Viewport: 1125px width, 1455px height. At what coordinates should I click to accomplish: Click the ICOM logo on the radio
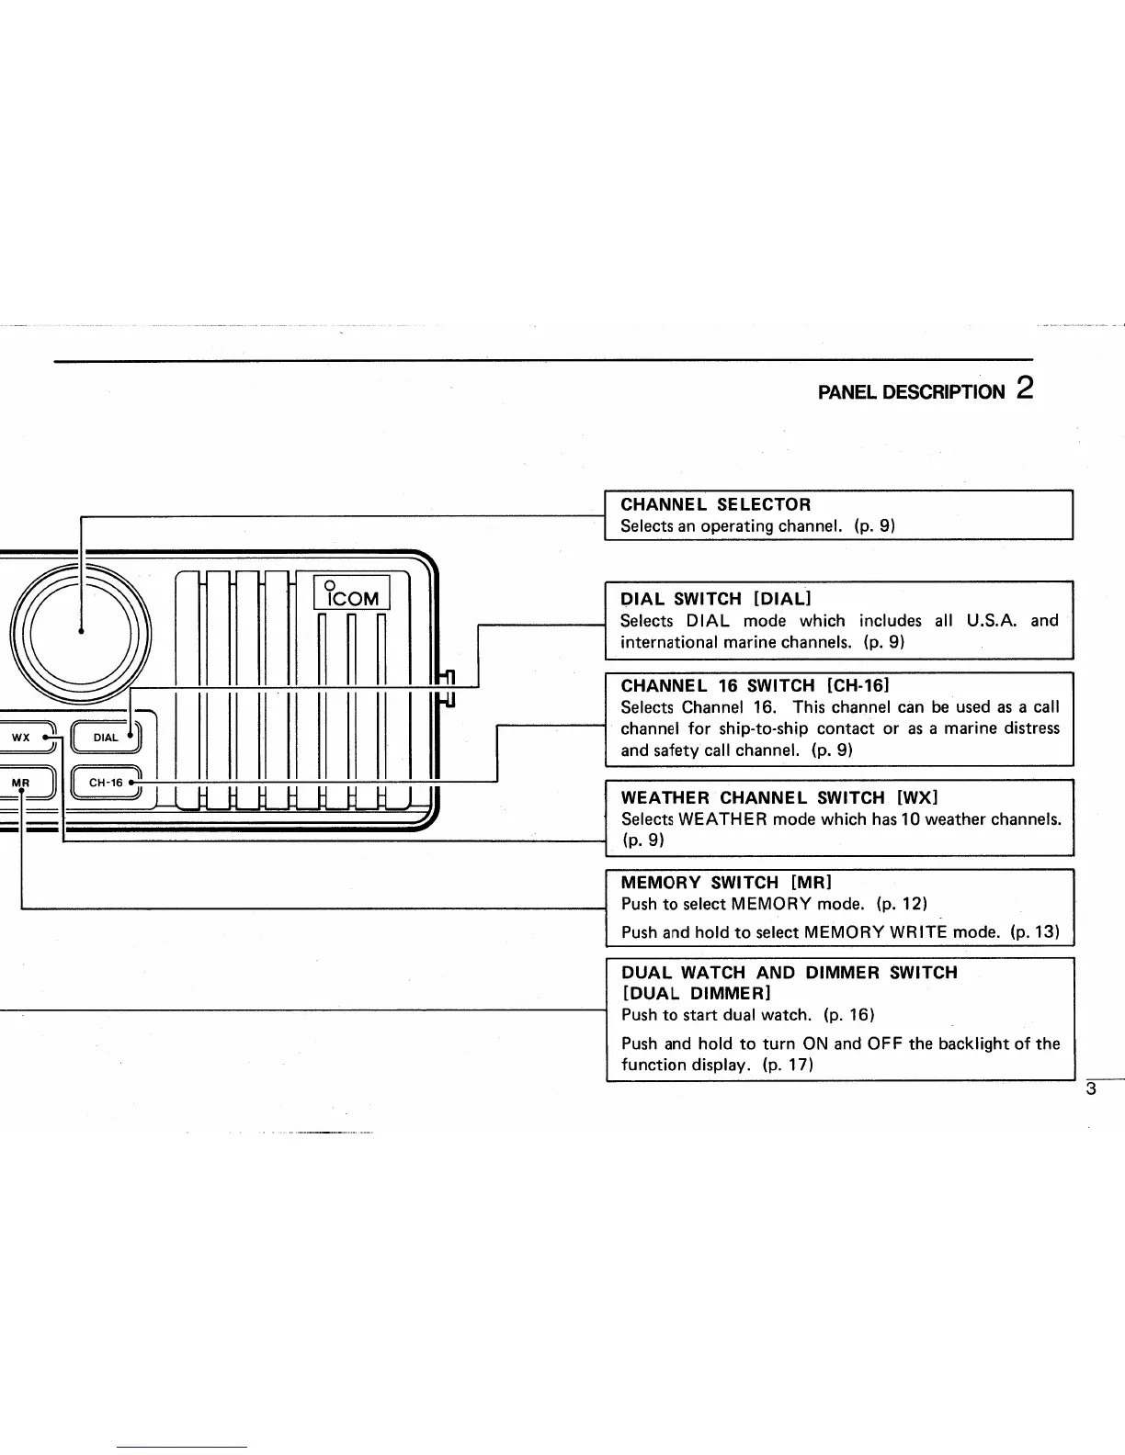352,593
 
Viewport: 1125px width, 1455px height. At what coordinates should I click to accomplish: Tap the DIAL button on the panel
107,738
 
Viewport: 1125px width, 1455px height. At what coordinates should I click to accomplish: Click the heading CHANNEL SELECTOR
716,504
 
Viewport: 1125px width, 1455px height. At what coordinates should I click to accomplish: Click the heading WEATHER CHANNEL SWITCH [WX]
779,797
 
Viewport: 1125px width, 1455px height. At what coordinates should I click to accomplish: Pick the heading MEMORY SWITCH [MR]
726,883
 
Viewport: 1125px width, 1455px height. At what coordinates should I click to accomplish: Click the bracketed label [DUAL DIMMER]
696,993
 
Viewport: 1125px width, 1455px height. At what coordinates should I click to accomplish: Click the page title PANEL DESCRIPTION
911,392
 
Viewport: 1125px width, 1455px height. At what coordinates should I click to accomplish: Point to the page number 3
1091,1090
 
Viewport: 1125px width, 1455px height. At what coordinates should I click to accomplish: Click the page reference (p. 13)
1034,932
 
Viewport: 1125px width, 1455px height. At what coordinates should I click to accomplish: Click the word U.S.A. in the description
992,621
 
